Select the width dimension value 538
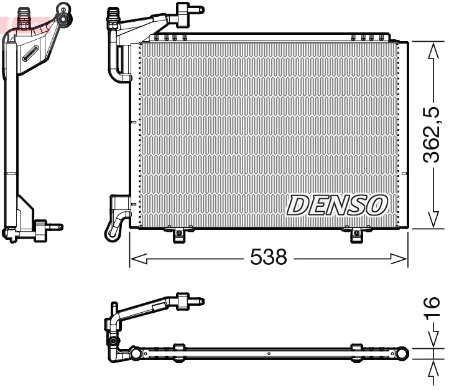pos(268,257)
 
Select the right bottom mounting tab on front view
pos(355,235)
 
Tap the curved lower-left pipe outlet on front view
pos(116,224)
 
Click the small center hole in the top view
pos(268,354)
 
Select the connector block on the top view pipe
pos(183,301)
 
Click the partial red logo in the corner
pos(9,24)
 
